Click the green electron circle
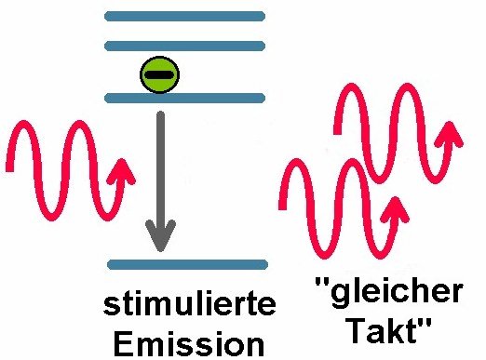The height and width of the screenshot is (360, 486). click(x=160, y=74)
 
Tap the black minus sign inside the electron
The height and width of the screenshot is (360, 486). click(x=158, y=74)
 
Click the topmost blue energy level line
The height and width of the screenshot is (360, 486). click(x=184, y=16)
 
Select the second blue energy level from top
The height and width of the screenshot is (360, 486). click(x=184, y=46)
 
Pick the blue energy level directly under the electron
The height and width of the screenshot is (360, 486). click(x=184, y=98)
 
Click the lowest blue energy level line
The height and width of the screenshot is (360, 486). click(x=187, y=264)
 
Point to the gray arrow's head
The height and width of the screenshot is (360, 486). click(x=160, y=235)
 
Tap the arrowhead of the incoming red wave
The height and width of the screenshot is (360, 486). click(x=121, y=172)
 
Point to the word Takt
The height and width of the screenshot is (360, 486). click(x=384, y=330)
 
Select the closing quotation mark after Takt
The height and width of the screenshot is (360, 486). click(x=425, y=324)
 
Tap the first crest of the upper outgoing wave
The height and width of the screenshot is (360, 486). click(x=351, y=88)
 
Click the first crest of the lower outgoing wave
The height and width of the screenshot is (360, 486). click(x=297, y=164)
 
